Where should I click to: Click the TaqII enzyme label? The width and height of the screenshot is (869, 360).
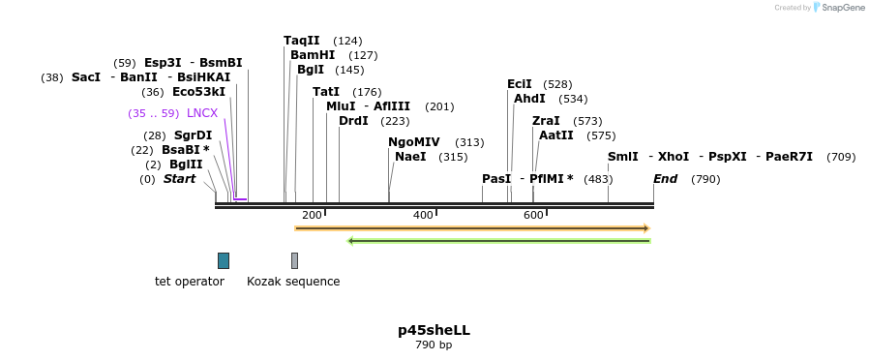point(301,41)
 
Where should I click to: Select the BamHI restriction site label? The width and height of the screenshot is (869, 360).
point(312,55)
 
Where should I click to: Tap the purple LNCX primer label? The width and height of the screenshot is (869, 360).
point(202,113)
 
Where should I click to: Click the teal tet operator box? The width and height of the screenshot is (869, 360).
point(224,260)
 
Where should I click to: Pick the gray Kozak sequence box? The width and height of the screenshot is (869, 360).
point(294,260)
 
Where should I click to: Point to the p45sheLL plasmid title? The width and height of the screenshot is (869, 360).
point(434,330)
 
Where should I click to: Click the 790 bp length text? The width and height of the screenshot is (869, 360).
point(434,345)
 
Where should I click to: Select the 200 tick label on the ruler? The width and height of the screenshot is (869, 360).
point(312,215)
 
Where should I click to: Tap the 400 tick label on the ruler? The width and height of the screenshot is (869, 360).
point(423,215)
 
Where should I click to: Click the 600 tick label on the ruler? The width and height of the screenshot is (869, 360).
point(533,215)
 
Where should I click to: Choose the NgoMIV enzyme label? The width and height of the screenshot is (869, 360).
point(413,142)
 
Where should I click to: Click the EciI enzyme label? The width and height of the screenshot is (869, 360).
point(519,84)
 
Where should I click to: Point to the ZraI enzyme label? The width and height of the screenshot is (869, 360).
point(546,121)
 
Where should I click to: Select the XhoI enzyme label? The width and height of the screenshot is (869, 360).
point(674,157)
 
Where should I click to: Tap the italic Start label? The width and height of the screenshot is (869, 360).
point(179,179)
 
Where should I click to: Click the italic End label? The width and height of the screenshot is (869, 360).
point(665,179)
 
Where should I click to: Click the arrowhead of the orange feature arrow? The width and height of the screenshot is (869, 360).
point(645,228)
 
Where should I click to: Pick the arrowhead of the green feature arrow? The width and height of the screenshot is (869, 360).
point(350,241)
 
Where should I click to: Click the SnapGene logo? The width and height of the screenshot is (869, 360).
point(838,8)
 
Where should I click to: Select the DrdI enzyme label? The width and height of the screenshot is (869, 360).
point(353,121)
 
